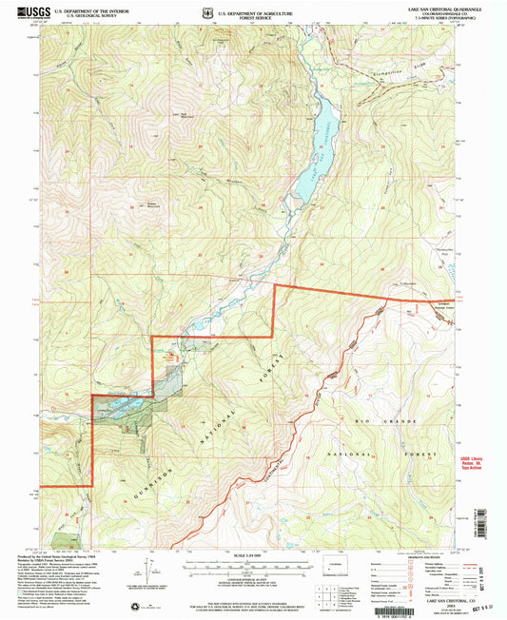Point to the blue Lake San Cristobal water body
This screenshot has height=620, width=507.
pyautogui.click(x=318, y=143)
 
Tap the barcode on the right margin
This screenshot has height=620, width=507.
pyautogui.click(x=493, y=523)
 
